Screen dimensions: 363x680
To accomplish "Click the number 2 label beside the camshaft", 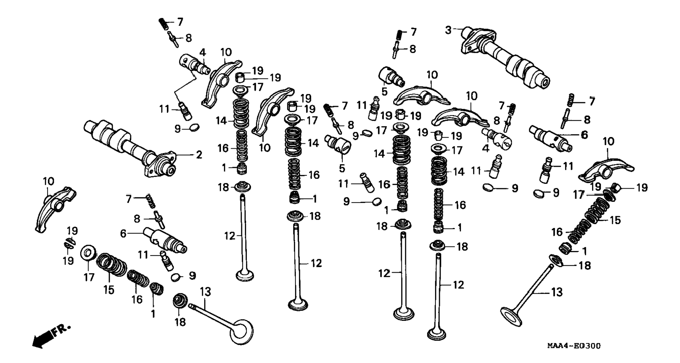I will click(199, 155).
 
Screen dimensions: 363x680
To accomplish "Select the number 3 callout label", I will click(448, 30).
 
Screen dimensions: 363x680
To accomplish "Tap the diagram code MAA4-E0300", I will click(574, 346).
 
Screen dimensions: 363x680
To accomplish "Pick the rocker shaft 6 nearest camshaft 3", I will click(550, 138).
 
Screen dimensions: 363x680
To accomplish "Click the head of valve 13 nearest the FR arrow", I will click(241, 332).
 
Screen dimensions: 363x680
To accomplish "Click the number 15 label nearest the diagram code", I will click(615, 220).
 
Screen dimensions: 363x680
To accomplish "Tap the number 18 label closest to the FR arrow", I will click(180, 322).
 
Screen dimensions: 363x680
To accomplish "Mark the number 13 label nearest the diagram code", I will click(557, 292).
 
